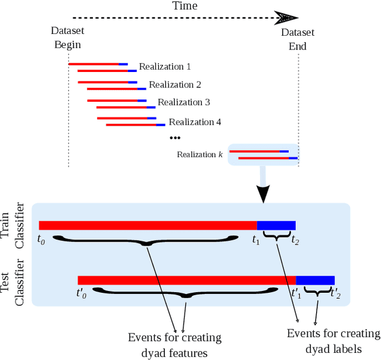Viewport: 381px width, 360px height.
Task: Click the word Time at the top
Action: coord(185,6)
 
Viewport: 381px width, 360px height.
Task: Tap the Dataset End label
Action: coord(298,39)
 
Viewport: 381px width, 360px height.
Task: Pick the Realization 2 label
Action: coord(171,84)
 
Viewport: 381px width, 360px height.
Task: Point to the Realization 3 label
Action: coord(180,102)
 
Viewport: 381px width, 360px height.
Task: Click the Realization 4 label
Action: coord(190,122)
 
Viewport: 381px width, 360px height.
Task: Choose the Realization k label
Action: coord(199,155)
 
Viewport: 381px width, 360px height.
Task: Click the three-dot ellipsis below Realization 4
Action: coord(175,138)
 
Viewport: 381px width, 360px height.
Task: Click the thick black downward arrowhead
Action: coord(262,193)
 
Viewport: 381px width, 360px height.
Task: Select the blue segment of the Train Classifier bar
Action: coord(276,225)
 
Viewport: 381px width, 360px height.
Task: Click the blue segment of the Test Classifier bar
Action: coord(316,280)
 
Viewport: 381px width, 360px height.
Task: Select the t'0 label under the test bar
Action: coord(82,293)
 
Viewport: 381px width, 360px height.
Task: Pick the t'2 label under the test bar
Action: coord(336,293)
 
